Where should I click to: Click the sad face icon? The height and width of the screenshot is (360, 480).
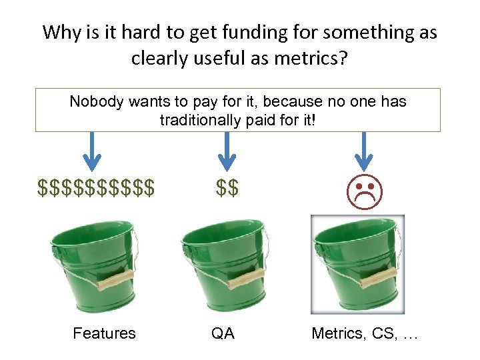[x=363, y=189]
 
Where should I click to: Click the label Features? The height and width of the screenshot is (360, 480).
[x=104, y=333]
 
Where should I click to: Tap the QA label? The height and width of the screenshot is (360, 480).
[x=223, y=333]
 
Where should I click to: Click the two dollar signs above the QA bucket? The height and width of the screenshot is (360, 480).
[x=227, y=189]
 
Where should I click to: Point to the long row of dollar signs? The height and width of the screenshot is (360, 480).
[x=97, y=189]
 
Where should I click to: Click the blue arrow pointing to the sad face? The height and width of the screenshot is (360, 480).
[x=363, y=150]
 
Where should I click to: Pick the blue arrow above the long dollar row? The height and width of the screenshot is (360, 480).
[x=92, y=150]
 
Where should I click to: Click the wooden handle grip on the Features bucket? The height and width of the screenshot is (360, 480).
[x=116, y=280]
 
